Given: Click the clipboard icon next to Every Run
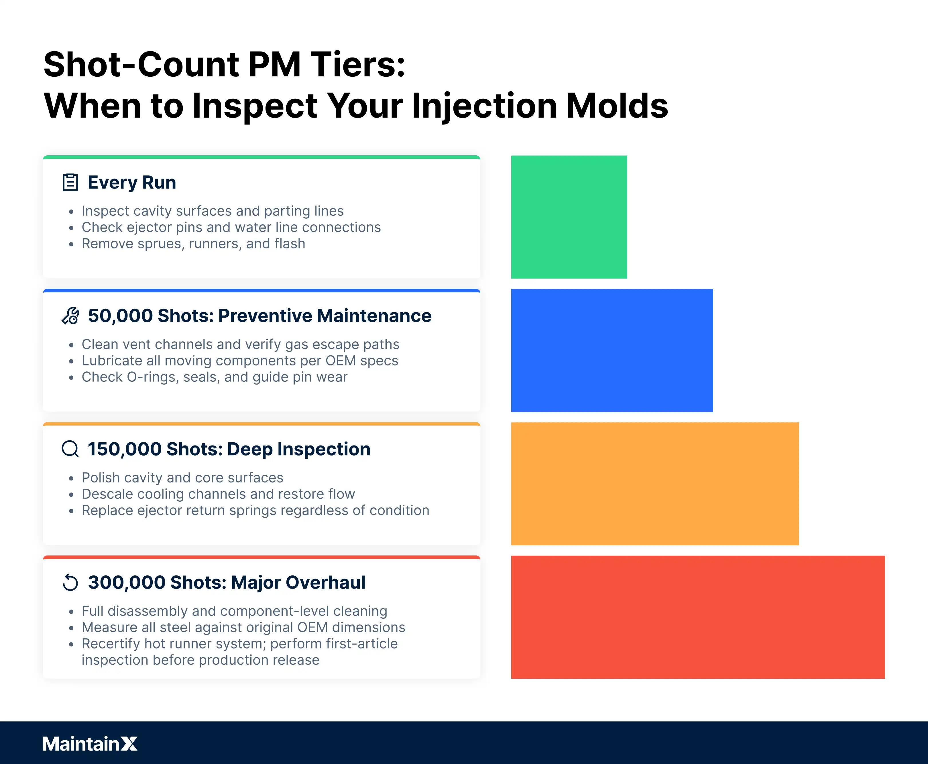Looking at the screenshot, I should tap(70, 182).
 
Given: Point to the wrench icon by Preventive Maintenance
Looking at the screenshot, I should tap(70, 316).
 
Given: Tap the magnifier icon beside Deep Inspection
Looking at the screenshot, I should tap(70, 449).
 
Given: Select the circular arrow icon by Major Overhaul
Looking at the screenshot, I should tap(70, 583).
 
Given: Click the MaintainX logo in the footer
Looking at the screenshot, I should tap(90, 744).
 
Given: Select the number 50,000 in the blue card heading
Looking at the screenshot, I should tap(120, 316).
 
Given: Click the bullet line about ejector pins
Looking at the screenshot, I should tap(231, 227).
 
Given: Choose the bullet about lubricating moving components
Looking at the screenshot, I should tap(240, 361).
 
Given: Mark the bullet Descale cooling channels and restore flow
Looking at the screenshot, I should tap(218, 494).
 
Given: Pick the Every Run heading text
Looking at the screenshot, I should tap(132, 183).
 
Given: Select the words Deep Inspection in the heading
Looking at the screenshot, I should tap(299, 449).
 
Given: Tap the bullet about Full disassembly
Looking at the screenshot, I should tap(234, 611).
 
